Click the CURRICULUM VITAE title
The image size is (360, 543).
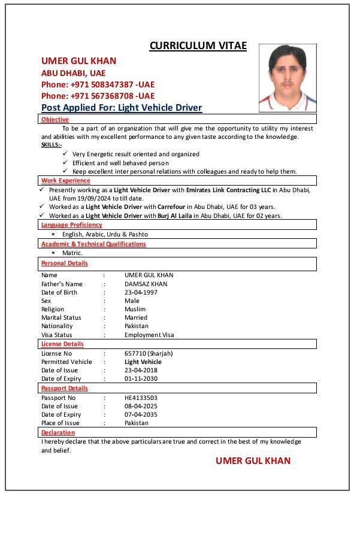pyautogui.click(x=198, y=46)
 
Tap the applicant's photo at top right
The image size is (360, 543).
pyautogui.click(x=288, y=78)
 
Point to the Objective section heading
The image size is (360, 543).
pyautogui.click(x=55, y=120)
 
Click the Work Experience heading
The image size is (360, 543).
pyautogui.click(x=66, y=180)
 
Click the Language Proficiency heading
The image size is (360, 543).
pyautogui.click(x=72, y=225)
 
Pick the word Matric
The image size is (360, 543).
pyautogui.click(x=72, y=253)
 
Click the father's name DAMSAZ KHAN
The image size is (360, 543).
pyautogui.click(x=146, y=284)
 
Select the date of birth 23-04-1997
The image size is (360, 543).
pyautogui.click(x=141, y=292)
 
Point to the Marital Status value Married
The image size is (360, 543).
pyautogui.click(x=136, y=317)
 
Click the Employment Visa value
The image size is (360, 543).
pyautogui.click(x=149, y=335)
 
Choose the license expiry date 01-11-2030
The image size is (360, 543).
pyautogui.click(x=141, y=378)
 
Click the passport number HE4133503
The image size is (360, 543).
pyautogui.click(x=141, y=398)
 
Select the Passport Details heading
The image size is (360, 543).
pyautogui.click(x=65, y=388)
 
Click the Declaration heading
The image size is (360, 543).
pyautogui.click(x=58, y=432)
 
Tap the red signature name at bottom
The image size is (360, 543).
pyautogui.click(x=253, y=460)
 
